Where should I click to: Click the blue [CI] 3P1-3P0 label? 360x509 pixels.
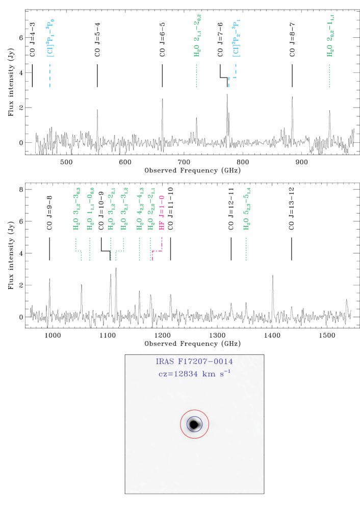(x=50, y=38)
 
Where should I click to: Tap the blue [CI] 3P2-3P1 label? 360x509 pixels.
(x=236, y=38)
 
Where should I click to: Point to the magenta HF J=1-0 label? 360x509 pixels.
(x=162, y=212)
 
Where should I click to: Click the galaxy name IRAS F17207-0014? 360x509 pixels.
(x=194, y=362)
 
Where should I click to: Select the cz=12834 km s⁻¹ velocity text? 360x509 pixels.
(x=194, y=373)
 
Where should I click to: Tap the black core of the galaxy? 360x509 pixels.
(x=194, y=424)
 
